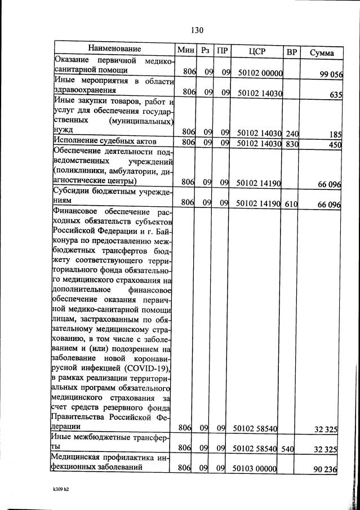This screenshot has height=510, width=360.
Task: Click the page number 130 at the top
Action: click(197, 30)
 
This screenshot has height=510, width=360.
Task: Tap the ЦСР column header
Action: click(258, 51)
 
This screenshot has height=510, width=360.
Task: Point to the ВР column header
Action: click(292, 52)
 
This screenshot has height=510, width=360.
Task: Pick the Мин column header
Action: click(185, 50)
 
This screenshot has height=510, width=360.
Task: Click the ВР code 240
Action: click(292, 134)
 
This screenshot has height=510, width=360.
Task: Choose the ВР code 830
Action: click(292, 143)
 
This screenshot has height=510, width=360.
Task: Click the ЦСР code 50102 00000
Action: click(260, 73)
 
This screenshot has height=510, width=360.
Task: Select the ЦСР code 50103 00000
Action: click(260, 469)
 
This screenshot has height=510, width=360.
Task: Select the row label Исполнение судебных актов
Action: click(104, 140)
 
